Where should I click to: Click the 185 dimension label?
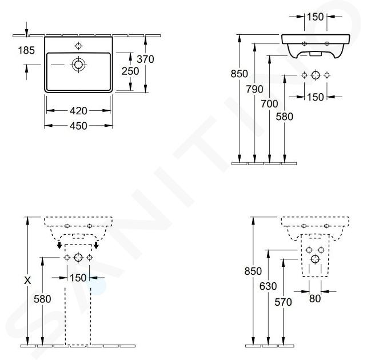[26, 50]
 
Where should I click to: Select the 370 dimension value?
[145, 59]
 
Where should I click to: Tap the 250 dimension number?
[130, 71]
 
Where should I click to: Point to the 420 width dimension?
[78, 111]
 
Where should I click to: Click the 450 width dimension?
[78, 126]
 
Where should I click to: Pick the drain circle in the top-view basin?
[79, 65]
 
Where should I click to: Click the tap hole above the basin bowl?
[79, 45]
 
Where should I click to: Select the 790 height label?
[254, 89]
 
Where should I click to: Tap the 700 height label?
[269, 104]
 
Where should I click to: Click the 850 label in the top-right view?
[239, 74]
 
